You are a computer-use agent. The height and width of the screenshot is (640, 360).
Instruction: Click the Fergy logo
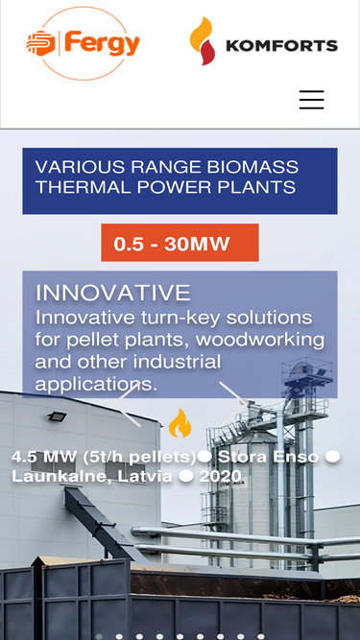tap(84, 43)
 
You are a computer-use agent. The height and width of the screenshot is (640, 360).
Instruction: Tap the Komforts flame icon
tap(202, 41)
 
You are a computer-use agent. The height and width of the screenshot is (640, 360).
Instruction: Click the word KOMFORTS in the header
tap(281, 46)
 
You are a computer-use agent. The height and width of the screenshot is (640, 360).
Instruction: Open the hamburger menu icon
tap(311, 100)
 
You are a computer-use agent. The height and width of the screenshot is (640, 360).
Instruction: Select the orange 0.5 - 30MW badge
tap(180, 243)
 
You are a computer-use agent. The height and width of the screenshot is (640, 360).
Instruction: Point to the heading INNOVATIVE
tap(113, 293)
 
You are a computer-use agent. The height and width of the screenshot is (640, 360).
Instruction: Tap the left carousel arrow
tap(127, 405)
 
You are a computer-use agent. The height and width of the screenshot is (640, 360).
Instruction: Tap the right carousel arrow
tap(233, 404)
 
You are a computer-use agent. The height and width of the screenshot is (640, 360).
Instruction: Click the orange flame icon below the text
tap(180, 423)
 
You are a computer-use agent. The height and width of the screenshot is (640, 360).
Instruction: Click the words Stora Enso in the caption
tap(268, 457)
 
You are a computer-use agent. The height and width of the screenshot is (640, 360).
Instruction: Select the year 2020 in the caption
tap(221, 476)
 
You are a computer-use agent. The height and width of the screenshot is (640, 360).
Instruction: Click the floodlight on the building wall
tap(57, 416)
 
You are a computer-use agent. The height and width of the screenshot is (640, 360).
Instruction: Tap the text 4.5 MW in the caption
tap(43, 457)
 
